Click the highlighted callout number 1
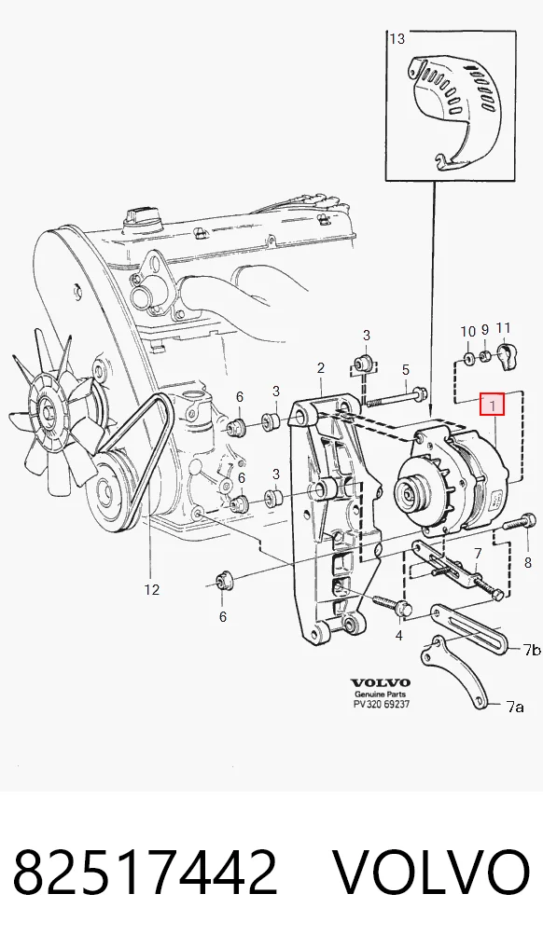(x=492, y=405)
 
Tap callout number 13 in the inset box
(x=397, y=39)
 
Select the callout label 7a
(x=514, y=706)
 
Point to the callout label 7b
(x=532, y=650)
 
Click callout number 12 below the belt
(x=151, y=589)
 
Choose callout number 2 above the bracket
(x=321, y=367)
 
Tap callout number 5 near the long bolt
(x=406, y=369)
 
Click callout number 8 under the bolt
(x=528, y=563)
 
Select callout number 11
(x=503, y=328)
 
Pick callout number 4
(x=398, y=636)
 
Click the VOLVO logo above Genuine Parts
(x=381, y=683)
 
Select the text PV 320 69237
(x=382, y=705)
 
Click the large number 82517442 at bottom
(x=146, y=872)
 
